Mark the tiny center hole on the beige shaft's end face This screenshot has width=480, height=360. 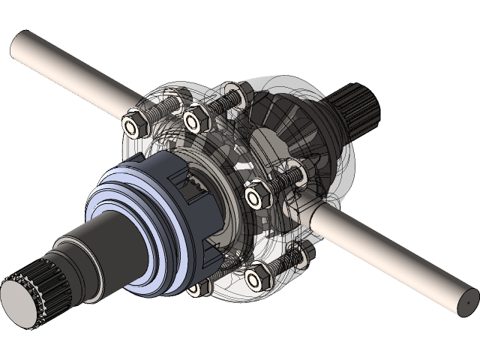(x=466, y=297)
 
